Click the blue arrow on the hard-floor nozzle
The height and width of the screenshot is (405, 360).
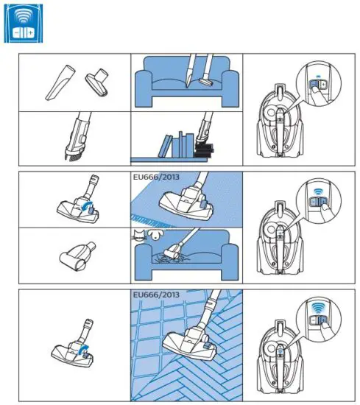pyautogui.click(x=85, y=352)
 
